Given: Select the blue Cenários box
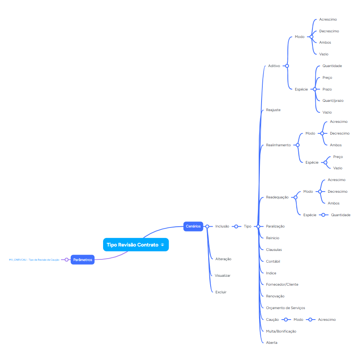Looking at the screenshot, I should (x=193, y=226).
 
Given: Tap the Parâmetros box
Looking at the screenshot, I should (x=82, y=259).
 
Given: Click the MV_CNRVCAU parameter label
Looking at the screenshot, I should (x=34, y=260).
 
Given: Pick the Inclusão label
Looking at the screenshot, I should (x=222, y=226).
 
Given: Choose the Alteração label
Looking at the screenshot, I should (x=223, y=259).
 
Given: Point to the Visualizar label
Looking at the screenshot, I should (x=222, y=276).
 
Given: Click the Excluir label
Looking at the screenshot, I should (x=221, y=292).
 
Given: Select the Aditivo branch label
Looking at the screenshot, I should (x=274, y=65).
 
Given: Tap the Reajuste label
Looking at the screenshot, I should (x=273, y=110).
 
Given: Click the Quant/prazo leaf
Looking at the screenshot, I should (x=333, y=101).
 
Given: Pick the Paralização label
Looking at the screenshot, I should (x=275, y=226).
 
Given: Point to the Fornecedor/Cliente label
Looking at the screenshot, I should (x=282, y=284).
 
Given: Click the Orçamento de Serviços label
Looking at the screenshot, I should (x=285, y=308).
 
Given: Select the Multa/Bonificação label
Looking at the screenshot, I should (x=281, y=331).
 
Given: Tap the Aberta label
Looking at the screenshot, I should (x=272, y=343).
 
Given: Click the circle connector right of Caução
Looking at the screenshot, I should (x=286, y=320).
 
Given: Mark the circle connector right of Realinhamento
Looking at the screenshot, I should (x=298, y=145).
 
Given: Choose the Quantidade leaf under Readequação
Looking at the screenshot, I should (x=340, y=215).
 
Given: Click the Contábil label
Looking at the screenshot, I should (x=273, y=261).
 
